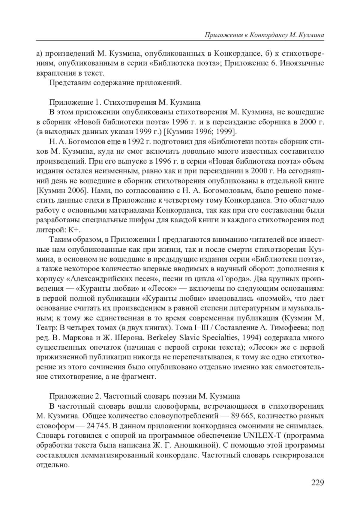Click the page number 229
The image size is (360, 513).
317,483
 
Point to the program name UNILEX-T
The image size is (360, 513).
261,435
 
